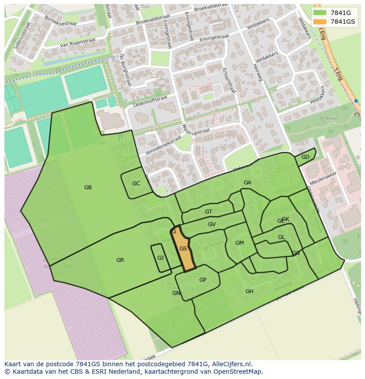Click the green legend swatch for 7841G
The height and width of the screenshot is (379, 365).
320,13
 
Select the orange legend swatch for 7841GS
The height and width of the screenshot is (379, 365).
320,22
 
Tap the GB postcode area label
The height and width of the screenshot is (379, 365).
88,188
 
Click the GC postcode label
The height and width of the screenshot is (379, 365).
136,184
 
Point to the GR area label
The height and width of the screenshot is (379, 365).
120,260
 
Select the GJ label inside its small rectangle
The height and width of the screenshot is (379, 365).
160,258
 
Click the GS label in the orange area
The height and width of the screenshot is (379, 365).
183,249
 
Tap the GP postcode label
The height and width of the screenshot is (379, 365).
203,280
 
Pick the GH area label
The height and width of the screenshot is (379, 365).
250,291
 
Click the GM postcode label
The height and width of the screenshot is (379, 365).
239,243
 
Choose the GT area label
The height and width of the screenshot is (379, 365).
209,212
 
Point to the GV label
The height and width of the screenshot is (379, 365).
212,224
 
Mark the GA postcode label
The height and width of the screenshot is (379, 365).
247,183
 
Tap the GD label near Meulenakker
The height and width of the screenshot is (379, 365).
305,157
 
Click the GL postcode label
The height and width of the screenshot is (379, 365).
281,237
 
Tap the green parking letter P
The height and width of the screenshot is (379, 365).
120,138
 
